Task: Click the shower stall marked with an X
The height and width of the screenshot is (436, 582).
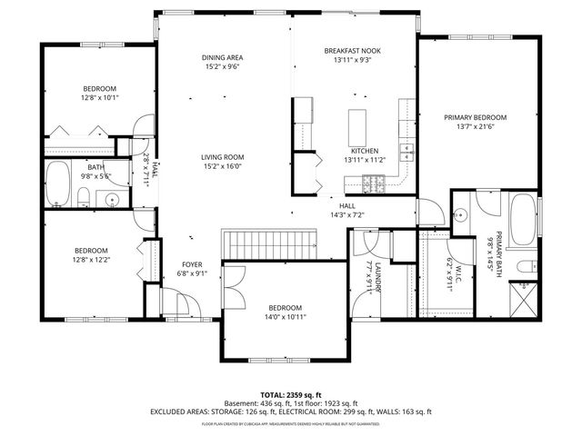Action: [x=523, y=296]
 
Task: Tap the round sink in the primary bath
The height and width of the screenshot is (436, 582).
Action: [x=461, y=215]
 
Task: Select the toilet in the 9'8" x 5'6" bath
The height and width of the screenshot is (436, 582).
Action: [x=84, y=199]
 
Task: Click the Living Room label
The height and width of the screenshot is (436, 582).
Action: [x=223, y=157]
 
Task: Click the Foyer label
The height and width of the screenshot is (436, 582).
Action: [x=192, y=264]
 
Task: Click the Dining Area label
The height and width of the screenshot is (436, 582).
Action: [x=223, y=57]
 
